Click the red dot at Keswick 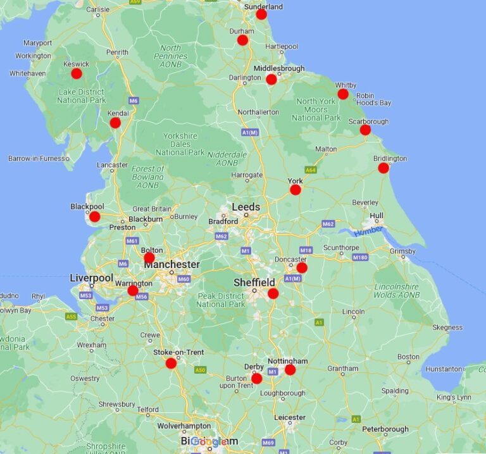pos(77,73)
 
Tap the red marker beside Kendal pos(115,123)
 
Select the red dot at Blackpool pos(95,217)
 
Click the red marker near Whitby pos(343,94)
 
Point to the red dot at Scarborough pos(365,130)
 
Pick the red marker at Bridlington pos(383,168)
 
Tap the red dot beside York pos(296,190)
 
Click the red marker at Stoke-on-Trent pos(171,363)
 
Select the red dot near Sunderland pos(261,15)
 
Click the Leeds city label pos(246,207)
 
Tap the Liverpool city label pos(91,278)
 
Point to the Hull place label pos(377,216)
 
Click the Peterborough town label pos(385,429)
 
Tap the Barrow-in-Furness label pos(38,158)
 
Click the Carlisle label pos(98,9)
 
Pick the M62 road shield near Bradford pos(221,236)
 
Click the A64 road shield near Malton pos(310,169)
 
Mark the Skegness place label pos(447,328)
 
